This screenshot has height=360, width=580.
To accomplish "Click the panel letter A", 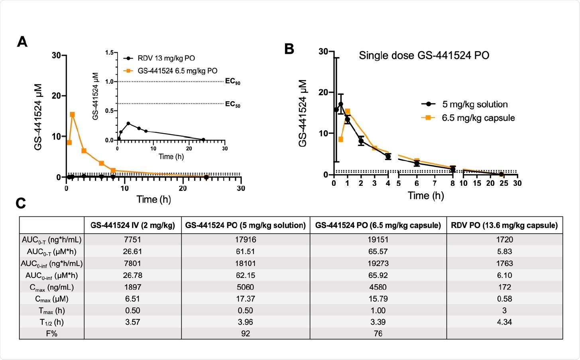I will coord(22,41).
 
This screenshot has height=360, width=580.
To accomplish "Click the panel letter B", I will coord(289,49).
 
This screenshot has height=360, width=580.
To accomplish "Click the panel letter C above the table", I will coord(21,203).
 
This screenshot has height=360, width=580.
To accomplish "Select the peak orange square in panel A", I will coord(72,114).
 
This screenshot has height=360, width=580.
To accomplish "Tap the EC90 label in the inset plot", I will coord(232,82).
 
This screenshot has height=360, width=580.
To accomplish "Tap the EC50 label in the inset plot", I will coord(232,104).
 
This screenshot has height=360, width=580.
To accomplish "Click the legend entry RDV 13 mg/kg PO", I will coord(166,58).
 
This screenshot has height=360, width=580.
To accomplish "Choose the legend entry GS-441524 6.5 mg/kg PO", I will coord(177,71).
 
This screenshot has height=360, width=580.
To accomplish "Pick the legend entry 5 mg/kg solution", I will coord(474,104).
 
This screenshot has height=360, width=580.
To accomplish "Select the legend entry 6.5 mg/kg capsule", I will coord(478,118).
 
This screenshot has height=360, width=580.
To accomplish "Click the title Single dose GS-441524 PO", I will coord(424,55).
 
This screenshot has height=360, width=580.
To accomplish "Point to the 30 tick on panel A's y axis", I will coord(56,55).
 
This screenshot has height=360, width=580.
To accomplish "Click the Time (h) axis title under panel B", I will coord(425,195).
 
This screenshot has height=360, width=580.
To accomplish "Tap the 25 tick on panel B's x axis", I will coord(503,183).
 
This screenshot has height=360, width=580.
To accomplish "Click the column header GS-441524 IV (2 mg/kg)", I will coord(133,225).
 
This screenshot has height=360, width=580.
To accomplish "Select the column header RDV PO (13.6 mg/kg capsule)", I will coord(504,225).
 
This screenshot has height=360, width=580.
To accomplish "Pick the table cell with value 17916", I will coord(245,240).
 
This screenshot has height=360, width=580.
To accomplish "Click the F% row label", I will coord(51,333).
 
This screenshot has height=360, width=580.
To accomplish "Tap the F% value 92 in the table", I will coord(245,333).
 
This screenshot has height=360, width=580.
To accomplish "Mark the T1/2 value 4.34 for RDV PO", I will coord(504,322).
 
